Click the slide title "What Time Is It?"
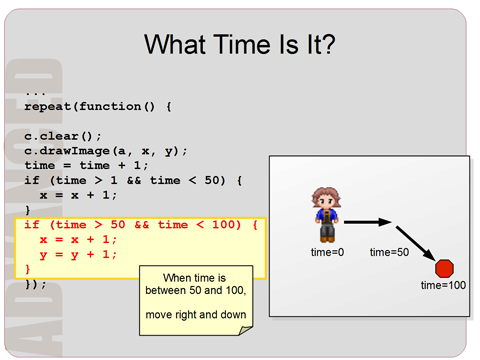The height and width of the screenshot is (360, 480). click(239, 44)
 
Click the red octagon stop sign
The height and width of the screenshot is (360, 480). click(445, 268)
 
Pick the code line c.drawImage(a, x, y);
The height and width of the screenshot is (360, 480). click(106, 151)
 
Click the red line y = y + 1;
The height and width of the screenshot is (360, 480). click(78, 254)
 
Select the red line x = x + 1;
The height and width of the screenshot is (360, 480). click(78, 239)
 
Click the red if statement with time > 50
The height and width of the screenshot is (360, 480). click(140, 224)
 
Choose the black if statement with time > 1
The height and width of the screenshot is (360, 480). click(136, 180)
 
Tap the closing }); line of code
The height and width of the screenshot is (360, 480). click(35, 284)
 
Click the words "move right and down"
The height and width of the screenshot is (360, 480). click(196, 315)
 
